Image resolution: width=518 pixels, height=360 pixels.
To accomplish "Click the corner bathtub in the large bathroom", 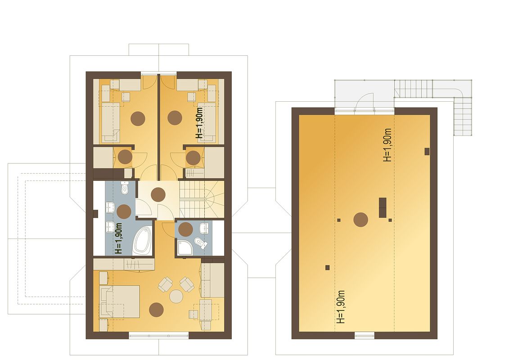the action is (x=142, y=240).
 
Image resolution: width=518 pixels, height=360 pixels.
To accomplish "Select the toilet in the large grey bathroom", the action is (x=125, y=188).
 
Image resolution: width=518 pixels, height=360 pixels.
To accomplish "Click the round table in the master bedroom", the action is (x=176, y=297).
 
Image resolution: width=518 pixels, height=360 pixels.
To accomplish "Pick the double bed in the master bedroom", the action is (x=119, y=301).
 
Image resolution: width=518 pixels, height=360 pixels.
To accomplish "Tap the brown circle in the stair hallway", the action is (x=158, y=194).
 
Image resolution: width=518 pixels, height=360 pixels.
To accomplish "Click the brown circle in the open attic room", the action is (x=361, y=220).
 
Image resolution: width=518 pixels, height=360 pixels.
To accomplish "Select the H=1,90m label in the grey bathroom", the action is (x=119, y=238).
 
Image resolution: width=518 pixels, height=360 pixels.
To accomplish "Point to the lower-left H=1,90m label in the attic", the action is (x=341, y=307).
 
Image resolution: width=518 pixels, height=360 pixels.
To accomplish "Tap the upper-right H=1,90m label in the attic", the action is (x=387, y=145).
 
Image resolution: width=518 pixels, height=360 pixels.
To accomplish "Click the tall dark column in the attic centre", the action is (x=383, y=207).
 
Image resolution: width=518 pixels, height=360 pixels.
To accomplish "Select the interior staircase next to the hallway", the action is (x=202, y=199).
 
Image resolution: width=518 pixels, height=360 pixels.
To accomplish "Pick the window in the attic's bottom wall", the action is (x=365, y=336).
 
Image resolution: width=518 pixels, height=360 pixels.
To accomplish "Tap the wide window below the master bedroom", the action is (x=158, y=336).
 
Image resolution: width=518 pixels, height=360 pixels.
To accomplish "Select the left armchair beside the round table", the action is (x=165, y=284).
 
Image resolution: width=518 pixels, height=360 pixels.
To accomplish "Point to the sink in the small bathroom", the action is (x=204, y=227).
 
